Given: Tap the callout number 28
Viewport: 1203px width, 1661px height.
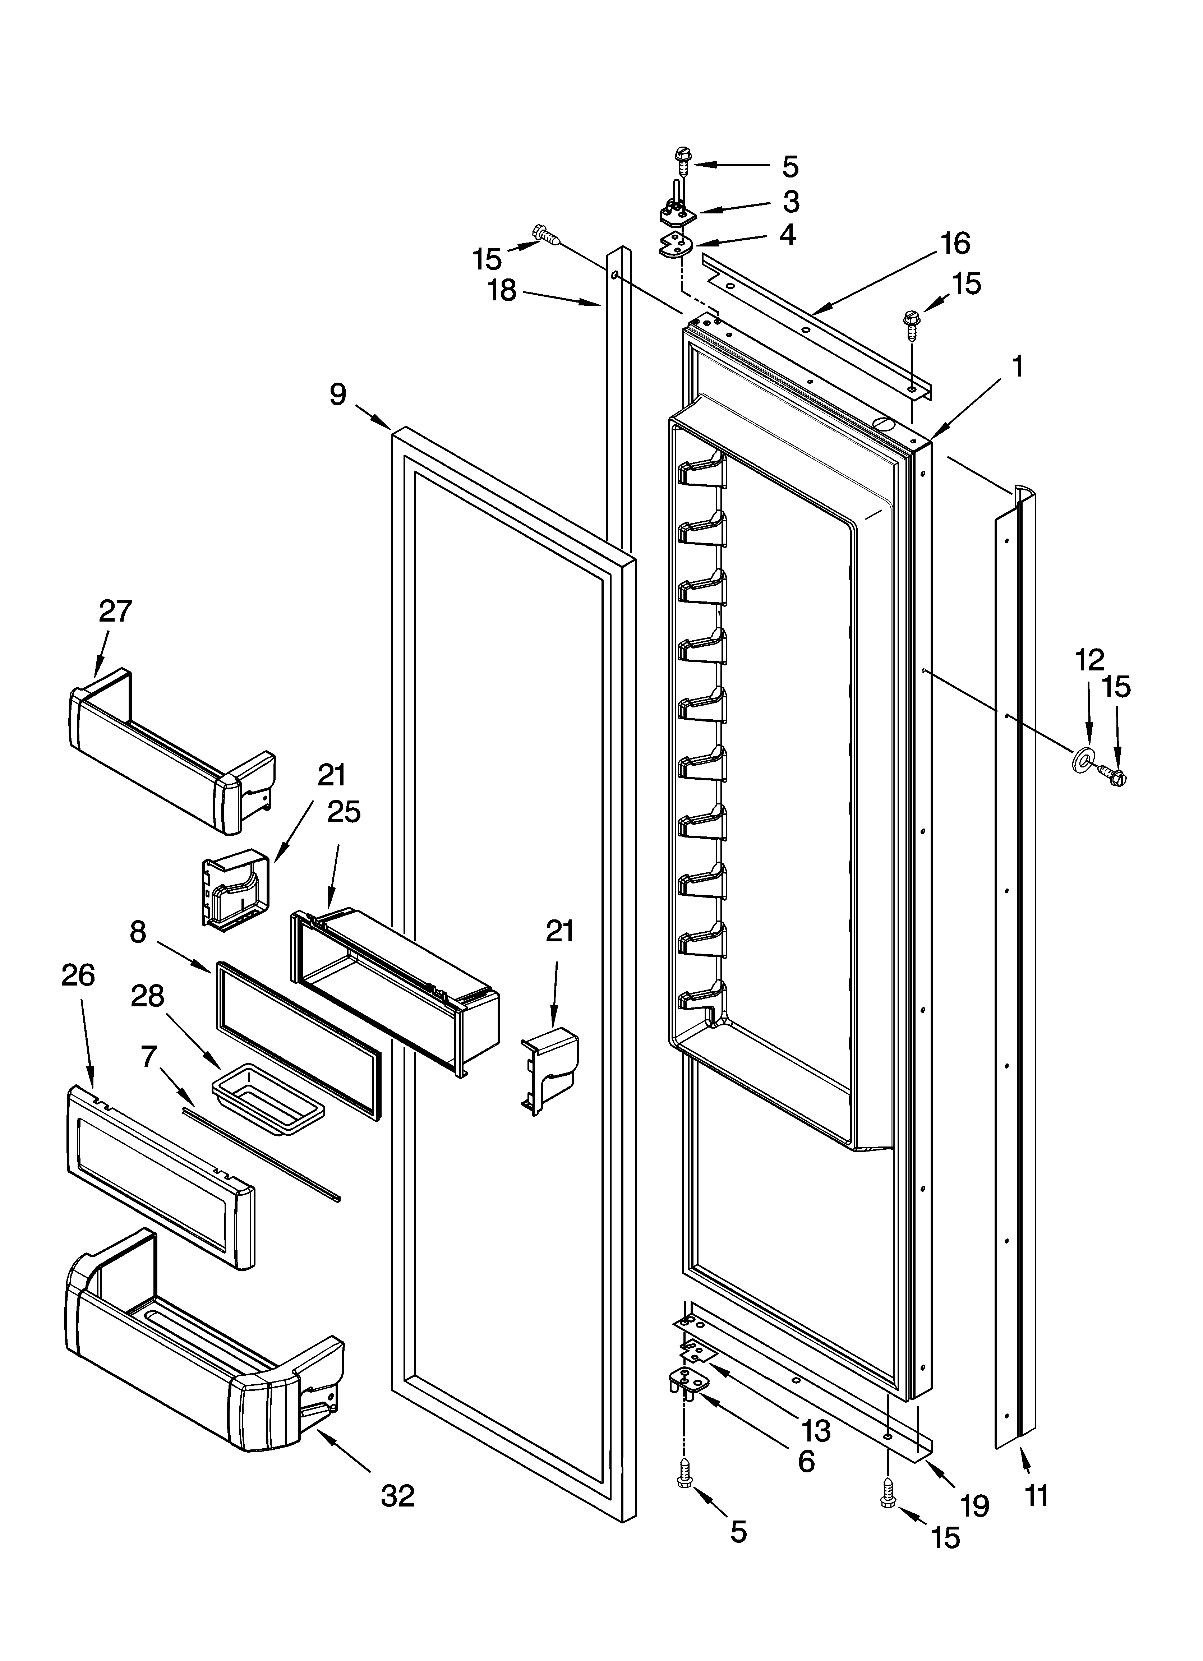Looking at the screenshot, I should pyautogui.click(x=147, y=996).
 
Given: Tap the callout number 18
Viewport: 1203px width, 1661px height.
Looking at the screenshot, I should pyautogui.click(x=503, y=291).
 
